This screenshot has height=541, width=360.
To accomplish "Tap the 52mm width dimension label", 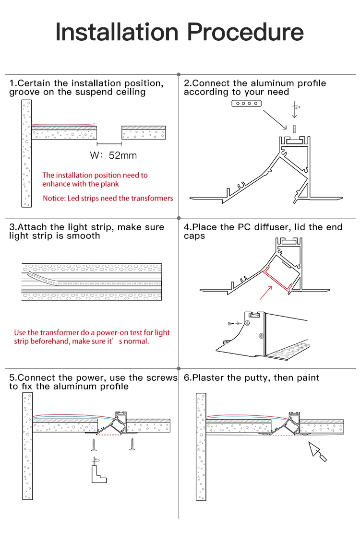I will tap(123, 155).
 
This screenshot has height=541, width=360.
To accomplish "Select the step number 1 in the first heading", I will tap(12, 83).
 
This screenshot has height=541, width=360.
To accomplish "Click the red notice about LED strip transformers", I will tap(108, 198).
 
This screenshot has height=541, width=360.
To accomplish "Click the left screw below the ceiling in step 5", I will tap(93, 445).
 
